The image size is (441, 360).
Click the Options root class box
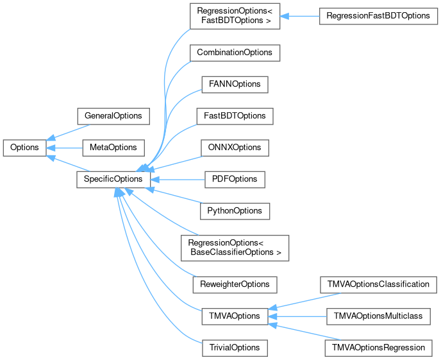click(24, 148)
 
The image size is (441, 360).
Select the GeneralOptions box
click(113, 116)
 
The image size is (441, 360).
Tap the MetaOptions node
click(113, 148)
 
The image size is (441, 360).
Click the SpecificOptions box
click(113, 179)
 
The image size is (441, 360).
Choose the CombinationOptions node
click(235, 53)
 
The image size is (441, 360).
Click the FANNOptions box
click(234, 85)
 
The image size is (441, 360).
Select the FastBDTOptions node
click(235, 116)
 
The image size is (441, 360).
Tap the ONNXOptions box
click(234, 148)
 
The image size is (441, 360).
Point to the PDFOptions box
click(234, 179)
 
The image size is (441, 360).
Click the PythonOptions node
click(234, 210)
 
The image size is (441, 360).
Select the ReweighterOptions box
click(235, 284)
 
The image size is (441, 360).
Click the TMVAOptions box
click(234, 316)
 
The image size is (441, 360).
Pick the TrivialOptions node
click(234, 347)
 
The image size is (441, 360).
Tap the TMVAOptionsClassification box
click(378, 284)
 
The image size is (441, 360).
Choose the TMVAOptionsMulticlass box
click(378, 316)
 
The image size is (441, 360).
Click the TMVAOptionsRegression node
click(378, 347)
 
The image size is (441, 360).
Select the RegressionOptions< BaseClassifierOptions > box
click(235, 247)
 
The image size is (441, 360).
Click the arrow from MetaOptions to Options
click(64, 148)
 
